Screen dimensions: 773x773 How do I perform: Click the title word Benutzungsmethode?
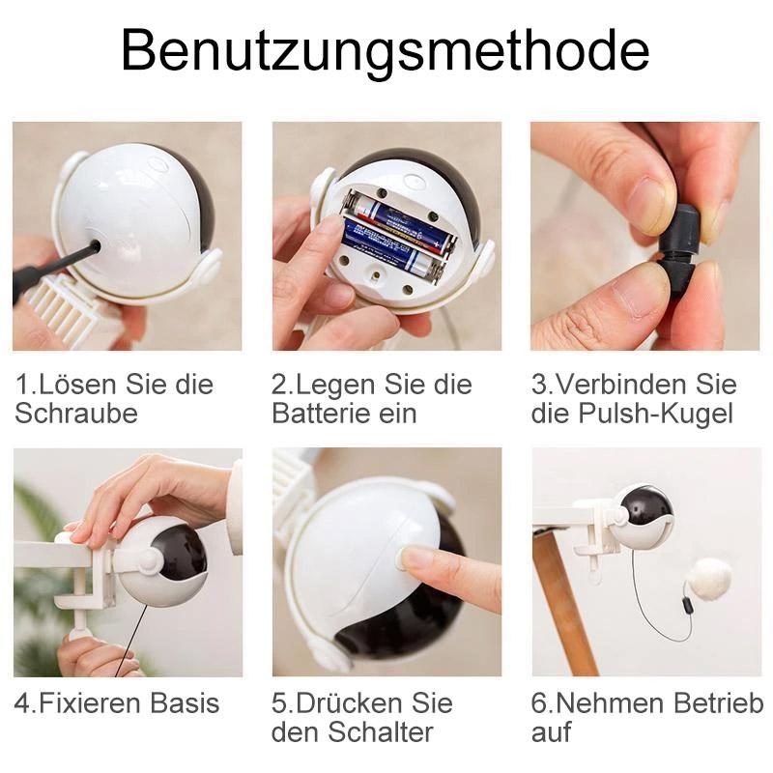coord(386,50)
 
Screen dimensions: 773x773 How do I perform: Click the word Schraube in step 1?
coord(76,414)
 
